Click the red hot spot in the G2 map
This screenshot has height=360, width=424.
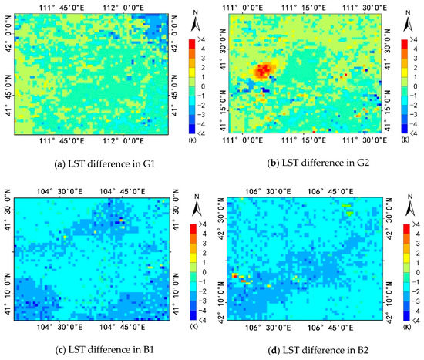[x=264, y=71]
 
